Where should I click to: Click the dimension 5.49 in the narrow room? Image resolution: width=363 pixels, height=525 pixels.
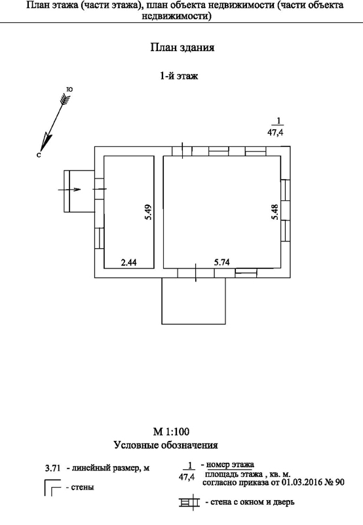click(x=149, y=212)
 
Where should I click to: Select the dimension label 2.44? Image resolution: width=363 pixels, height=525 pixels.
click(x=128, y=262)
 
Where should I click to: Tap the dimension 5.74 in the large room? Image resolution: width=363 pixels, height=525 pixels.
click(x=222, y=262)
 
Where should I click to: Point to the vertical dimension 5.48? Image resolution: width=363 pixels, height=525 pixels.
click(x=275, y=212)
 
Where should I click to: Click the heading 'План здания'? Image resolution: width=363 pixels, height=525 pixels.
click(x=182, y=47)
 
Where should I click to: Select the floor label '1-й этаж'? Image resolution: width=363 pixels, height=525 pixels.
click(x=179, y=76)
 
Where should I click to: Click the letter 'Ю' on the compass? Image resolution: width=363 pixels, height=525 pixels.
click(x=70, y=89)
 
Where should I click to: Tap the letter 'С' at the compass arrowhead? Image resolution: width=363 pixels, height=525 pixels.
click(x=39, y=155)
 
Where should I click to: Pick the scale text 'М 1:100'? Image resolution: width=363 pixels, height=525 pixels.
click(x=171, y=431)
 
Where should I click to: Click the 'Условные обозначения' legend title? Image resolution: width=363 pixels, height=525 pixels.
click(x=166, y=446)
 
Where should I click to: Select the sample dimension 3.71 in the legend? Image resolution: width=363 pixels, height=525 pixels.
click(x=53, y=468)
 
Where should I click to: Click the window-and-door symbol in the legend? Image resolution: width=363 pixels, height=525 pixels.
click(x=189, y=502)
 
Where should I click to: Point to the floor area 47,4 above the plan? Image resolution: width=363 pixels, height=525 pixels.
click(x=275, y=133)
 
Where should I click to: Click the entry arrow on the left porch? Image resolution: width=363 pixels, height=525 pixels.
click(x=70, y=190)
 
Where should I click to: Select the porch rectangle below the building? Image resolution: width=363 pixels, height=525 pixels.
click(x=193, y=301)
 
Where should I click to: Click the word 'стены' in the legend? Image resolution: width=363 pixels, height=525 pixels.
click(x=83, y=487)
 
